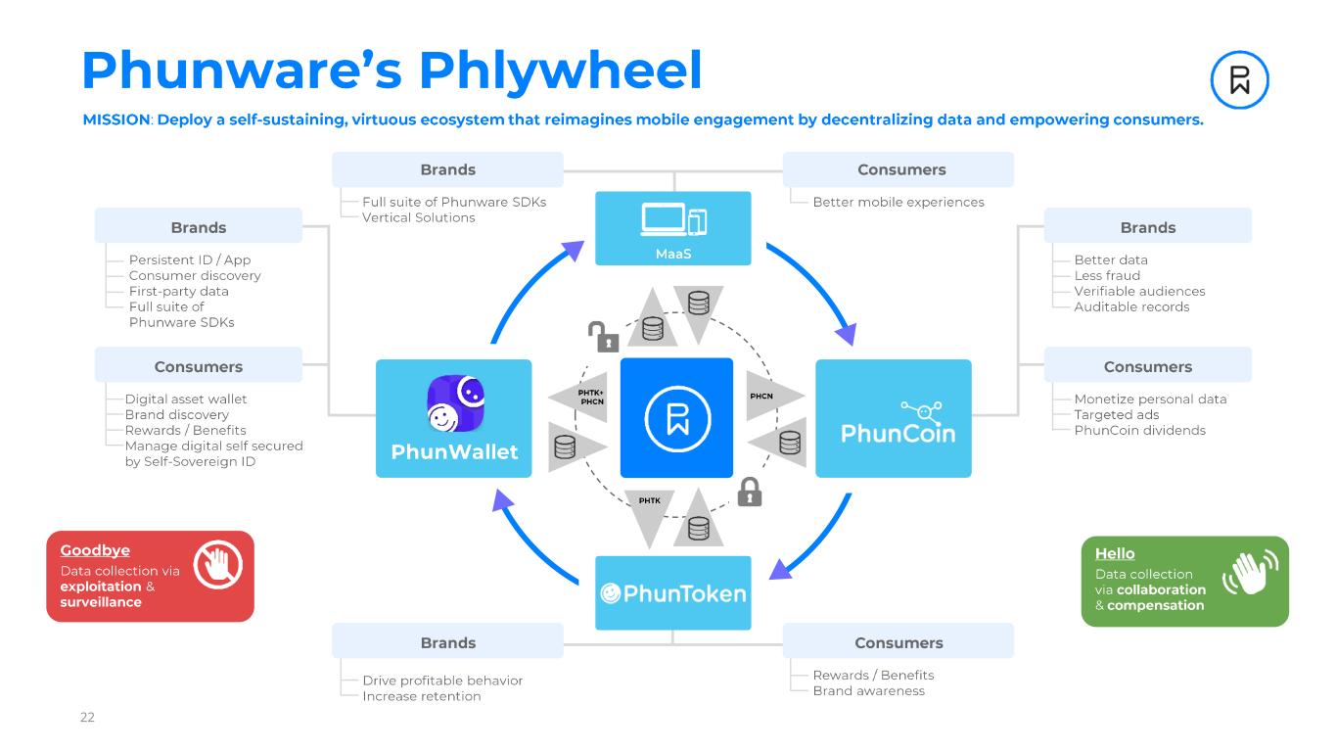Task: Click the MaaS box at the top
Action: pos(673,228)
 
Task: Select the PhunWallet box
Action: pos(453,418)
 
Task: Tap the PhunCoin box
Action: pos(893,418)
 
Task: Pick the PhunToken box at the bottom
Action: pos(673,592)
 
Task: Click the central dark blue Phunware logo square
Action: pos(676,417)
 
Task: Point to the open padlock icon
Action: pos(603,336)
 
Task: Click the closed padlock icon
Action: pos(749,491)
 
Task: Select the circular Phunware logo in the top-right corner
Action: pos(1239,79)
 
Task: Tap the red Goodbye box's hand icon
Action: pos(217,565)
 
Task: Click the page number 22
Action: pos(87,718)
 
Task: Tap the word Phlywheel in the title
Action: pos(561,70)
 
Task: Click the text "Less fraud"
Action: pos(1107,275)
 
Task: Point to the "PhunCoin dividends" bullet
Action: pos(1139,430)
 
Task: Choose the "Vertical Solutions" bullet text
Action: pos(418,217)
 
